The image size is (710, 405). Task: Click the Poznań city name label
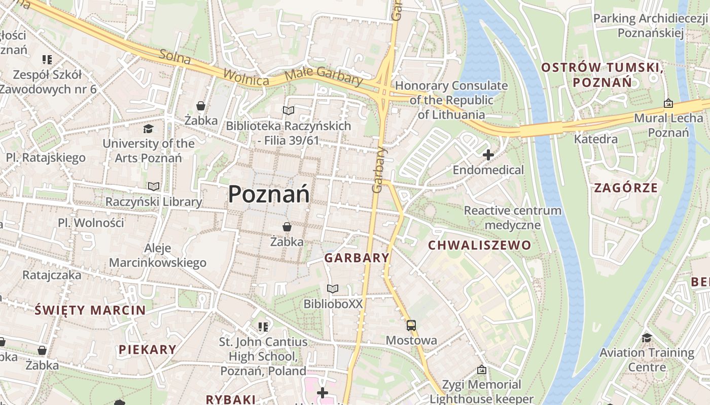(268, 194)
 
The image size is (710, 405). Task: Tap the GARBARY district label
(357, 258)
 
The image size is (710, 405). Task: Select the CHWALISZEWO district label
(479, 246)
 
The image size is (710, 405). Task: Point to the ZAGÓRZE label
(626, 188)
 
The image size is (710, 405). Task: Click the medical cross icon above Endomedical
(488, 155)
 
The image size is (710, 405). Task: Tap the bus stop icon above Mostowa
(411, 326)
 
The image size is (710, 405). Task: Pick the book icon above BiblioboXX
(333, 289)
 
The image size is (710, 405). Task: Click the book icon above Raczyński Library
(154, 187)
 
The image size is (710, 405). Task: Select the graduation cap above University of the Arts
(148, 129)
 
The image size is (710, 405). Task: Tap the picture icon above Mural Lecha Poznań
(668, 103)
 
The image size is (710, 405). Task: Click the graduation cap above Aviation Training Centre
(647, 337)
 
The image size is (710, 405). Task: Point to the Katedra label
(596, 139)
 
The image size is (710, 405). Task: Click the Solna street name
(175, 57)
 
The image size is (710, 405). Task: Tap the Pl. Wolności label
(91, 223)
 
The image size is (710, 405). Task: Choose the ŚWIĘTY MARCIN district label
(90, 310)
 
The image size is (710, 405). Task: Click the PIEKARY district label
(148, 349)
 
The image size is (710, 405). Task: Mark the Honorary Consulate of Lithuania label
(451, 100)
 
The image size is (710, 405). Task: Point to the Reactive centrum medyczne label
(513, 217)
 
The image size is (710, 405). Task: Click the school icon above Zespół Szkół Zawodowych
(48, 60)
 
